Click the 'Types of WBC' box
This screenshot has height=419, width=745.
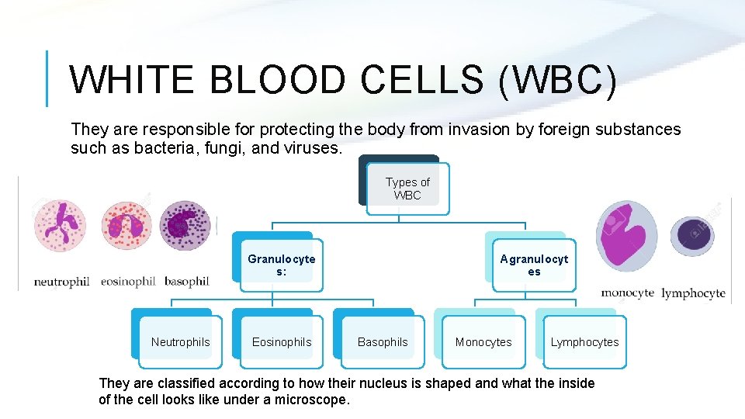407,189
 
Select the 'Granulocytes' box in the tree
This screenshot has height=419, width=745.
281,265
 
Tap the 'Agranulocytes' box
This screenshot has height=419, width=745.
534,265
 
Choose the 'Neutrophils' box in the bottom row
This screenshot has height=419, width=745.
180,342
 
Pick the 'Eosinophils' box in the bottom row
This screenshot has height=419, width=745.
282,342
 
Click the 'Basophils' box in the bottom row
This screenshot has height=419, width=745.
383,342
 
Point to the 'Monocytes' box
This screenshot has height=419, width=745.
483,342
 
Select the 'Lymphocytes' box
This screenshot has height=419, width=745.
584,342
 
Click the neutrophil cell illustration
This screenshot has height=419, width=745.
61,227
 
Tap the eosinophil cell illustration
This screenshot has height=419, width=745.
126,227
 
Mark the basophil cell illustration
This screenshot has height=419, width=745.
185,227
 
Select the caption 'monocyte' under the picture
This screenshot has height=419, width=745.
628,293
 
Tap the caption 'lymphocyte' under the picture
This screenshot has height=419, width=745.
693,293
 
